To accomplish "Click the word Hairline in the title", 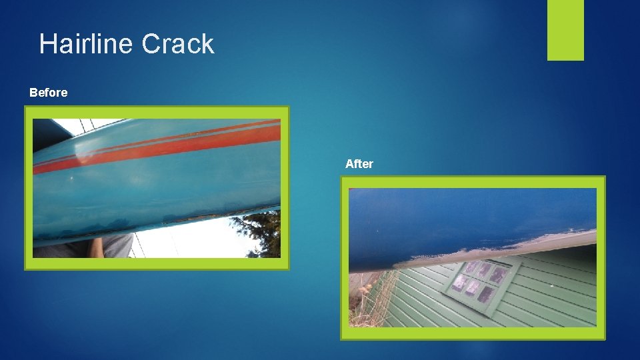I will [87, 44].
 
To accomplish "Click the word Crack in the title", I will [178, 44].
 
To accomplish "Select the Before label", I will [48, 93].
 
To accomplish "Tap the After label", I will [359, 164].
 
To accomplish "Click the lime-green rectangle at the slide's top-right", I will [565, 29].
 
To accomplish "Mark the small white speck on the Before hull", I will [73, 179].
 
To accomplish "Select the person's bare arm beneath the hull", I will [96, 247].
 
